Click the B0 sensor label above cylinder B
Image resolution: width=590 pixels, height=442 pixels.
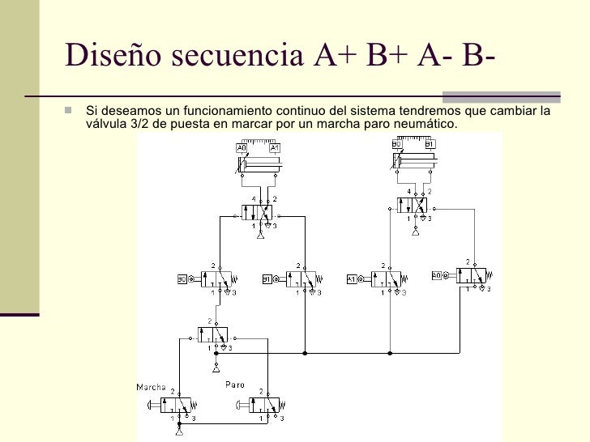coord(397,144)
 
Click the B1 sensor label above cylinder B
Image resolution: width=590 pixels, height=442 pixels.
coord(430,144)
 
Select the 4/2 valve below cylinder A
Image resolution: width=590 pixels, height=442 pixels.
coord(259,213)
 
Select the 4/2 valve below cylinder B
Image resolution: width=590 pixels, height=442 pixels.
coord(414,206)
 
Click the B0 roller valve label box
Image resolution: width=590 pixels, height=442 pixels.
coord(182,280)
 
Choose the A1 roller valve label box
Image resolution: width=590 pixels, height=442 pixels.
coord(352,280)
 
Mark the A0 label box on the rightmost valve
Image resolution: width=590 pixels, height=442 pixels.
coord(437,276)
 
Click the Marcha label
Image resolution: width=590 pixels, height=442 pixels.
coord(152,385)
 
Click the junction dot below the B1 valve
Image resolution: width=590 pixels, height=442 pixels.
coord(305,353)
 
